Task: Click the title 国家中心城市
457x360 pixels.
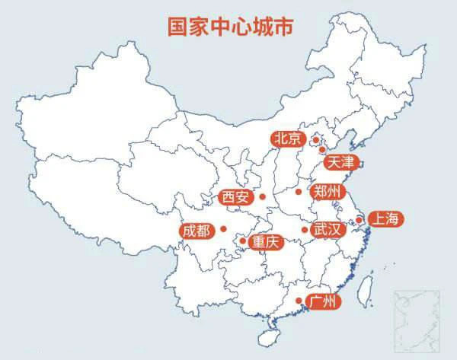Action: coord(230,25)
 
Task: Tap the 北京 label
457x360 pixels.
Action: coord(287,139)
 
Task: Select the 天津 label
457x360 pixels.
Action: coord(340,162)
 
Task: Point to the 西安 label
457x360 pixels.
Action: coord(235,197)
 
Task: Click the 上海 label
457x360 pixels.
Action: coord(383,219)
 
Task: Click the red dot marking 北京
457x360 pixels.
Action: coord(315,140)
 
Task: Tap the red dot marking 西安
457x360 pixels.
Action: coord(262,197)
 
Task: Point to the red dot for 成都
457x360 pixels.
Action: coord(223,228)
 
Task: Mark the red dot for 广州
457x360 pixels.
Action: coord(298,301)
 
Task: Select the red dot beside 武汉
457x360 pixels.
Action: coord(304,230)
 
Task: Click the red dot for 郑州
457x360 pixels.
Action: coord(299,192)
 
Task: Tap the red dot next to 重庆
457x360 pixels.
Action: coord(242,241)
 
